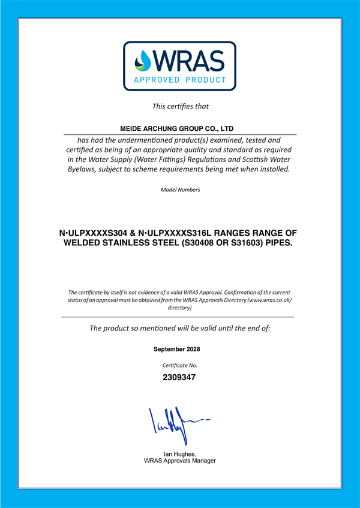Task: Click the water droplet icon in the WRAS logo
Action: point(142,61)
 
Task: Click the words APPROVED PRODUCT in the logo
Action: point(180,80)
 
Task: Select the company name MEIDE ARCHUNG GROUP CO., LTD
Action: point(177,128)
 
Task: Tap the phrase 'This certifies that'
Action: point(180,107)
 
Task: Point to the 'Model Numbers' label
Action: point(180,190)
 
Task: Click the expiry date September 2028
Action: point(177,349)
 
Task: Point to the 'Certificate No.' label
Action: point(180,365)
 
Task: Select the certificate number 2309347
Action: point(180,378)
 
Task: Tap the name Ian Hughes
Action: point(179,454)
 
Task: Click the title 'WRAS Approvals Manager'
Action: point(180,461)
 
